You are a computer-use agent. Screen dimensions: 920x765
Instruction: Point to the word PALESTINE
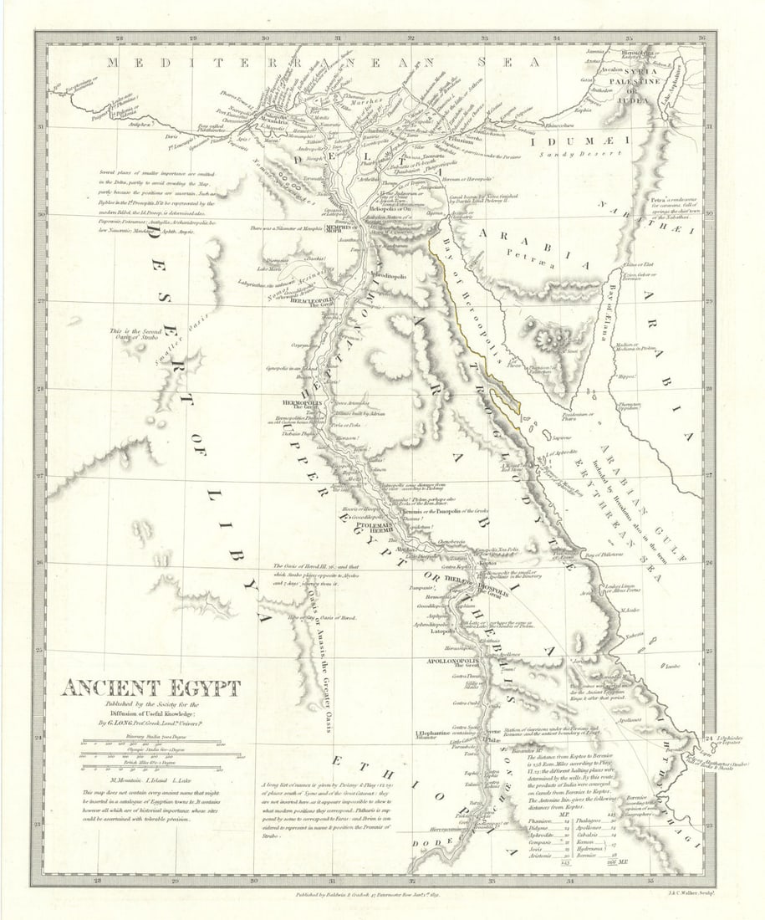pyautogui.click(x=617, y=83)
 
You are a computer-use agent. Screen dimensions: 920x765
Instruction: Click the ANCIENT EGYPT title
pyautogui.click(x=150, y=688)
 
